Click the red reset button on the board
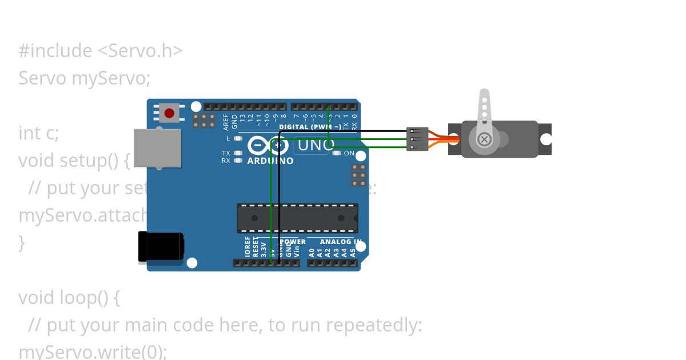pos(169,113)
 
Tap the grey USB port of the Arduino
pos(157,148)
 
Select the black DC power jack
pos(161,247)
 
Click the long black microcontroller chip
pos(297,218)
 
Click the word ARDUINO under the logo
pos(270,161)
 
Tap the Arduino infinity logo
pos(268,146)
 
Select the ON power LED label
pos(349,153)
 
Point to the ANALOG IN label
pos(337,242)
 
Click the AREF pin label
pos(226,122)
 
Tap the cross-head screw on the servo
pos(484,139)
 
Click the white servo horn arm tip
pos(484,95)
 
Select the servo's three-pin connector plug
pos(417,139)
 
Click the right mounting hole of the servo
pos(546,139)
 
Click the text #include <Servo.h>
pos(101,51)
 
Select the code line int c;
pos(39,133)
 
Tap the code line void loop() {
pos(69,298)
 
